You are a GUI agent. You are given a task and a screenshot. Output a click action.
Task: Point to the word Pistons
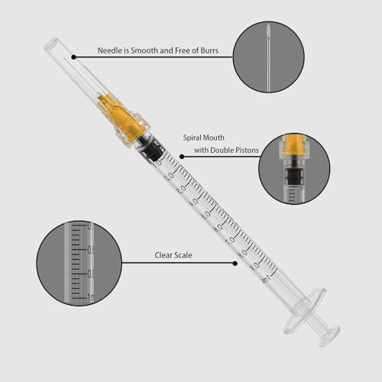(x=238, y=151)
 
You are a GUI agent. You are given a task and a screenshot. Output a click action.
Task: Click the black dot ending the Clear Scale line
(x=234, y=264)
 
